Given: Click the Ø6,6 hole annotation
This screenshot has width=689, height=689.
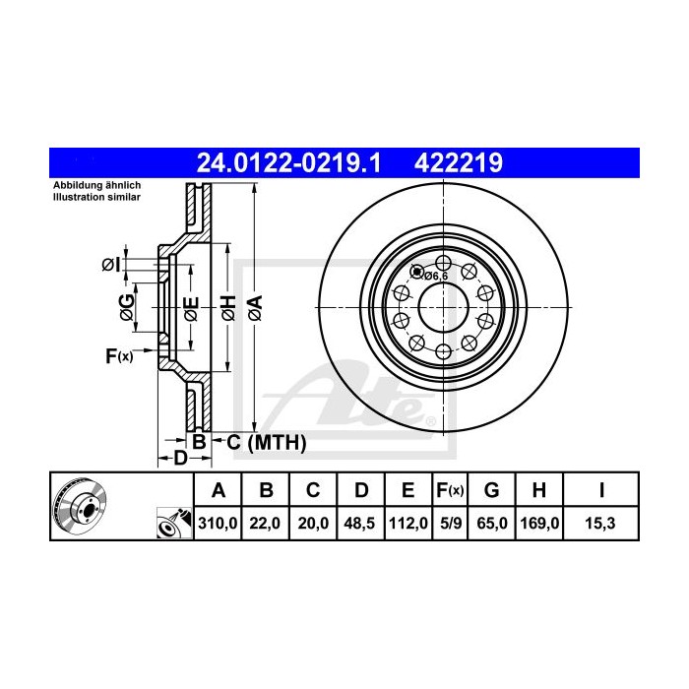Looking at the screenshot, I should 436,277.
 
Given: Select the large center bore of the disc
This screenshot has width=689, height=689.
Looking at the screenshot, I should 441,306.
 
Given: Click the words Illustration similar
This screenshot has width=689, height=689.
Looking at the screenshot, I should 96,197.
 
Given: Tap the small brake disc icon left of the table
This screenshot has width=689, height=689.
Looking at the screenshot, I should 80,507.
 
